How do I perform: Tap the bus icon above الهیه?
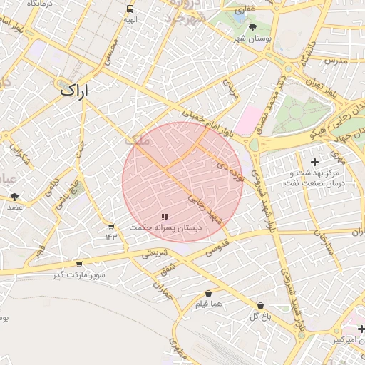(130, 9)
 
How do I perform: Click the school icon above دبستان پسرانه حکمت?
(165, 217)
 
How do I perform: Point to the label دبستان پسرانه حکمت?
(165, 227)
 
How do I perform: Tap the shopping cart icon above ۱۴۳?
(111, 227)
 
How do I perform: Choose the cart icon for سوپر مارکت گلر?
(79, 264)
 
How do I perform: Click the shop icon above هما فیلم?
(208, 294)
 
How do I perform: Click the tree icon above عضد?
(15, 197)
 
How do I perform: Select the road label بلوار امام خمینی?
(207, 121)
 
